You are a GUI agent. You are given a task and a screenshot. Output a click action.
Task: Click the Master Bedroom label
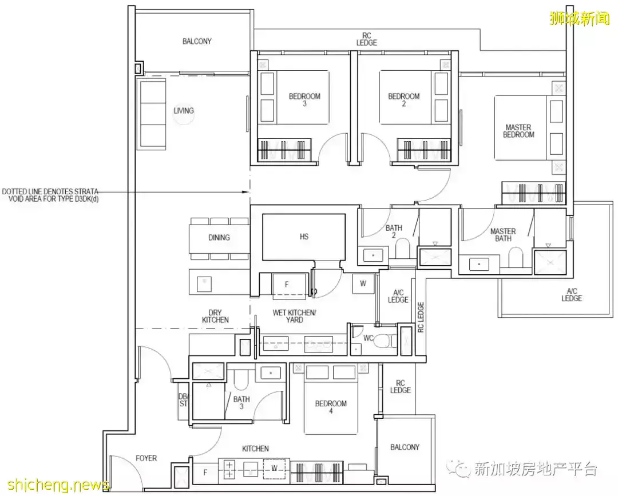[x=518, y=131]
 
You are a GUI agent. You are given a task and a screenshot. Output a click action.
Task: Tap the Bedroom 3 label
[x=304, y=100]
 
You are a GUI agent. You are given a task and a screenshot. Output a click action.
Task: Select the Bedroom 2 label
[x=404, y=100]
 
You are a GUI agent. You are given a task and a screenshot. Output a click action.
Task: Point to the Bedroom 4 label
[x=331, y=407]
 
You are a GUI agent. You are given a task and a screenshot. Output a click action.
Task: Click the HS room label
[x=304, y=236]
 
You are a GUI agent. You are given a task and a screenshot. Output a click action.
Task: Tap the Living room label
[x=184, y=110]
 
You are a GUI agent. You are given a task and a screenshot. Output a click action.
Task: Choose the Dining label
[x=219, y=237]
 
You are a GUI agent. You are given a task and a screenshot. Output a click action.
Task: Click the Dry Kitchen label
[x=215, y=316]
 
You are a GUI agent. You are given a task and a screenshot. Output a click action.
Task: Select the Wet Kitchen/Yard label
[x=294, y=316]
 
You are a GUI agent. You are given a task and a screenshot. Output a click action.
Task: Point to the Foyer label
[x=146, y=458]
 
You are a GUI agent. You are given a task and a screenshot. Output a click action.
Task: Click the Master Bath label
[x=503, y=235]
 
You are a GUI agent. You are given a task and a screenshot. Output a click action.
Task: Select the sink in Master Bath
[x=479, y=264]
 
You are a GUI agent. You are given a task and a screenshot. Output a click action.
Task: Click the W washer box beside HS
[x=363, y=283]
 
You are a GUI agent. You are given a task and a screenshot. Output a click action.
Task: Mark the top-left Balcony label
[x=197, y=41]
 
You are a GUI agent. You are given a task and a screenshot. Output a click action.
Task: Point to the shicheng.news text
[x=54, y=485]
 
